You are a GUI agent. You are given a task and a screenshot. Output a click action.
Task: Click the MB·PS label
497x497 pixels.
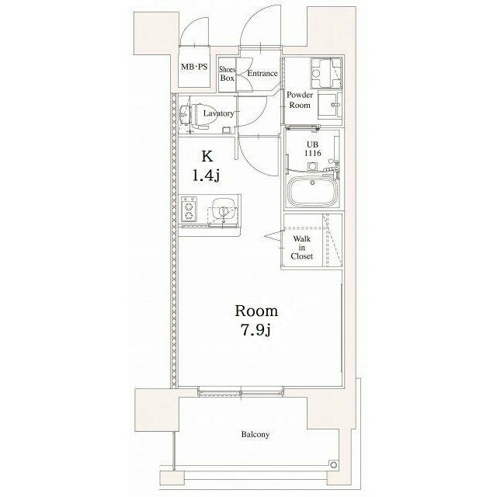[x=194, y=67]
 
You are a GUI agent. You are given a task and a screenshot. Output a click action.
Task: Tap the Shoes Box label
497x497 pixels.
[x=228, y=74]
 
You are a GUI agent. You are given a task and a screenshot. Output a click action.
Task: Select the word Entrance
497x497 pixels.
[x=262, y=73]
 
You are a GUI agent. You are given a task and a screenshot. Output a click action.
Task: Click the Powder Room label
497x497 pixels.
[x=300, y=100]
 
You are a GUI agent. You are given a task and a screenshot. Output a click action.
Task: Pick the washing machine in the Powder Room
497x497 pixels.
[x=326, y=73]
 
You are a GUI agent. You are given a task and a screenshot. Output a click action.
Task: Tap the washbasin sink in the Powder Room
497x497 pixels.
[x=329, y=105]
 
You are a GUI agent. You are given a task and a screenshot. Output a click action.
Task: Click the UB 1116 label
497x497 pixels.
[x=312, y=149]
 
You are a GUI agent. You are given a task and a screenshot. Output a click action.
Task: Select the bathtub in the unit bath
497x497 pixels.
[x=313, y=191]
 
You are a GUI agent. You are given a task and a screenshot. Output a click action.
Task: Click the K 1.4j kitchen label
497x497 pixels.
[x=207, y=165]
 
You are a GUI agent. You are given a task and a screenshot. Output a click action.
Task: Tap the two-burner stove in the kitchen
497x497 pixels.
[x=189, y=209]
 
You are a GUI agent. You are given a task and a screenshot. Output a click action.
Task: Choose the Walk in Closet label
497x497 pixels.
[x=302, y=247]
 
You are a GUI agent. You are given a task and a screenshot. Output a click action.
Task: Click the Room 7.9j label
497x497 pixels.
[x=256, y=320]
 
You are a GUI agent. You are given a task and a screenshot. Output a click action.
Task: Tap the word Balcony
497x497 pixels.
[x=255, y=434]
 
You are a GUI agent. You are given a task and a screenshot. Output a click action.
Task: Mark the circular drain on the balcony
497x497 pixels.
[x=333, y=465]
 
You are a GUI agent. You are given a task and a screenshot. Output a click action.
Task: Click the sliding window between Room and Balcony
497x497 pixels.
[x=241, y=391]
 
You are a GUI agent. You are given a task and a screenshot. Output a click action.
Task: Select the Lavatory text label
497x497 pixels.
[x=218, y=113]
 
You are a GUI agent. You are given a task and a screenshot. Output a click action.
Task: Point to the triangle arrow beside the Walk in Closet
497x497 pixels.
[x=273, y=236]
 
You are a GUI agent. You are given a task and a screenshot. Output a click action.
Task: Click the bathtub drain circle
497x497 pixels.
[x=312, y=182]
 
